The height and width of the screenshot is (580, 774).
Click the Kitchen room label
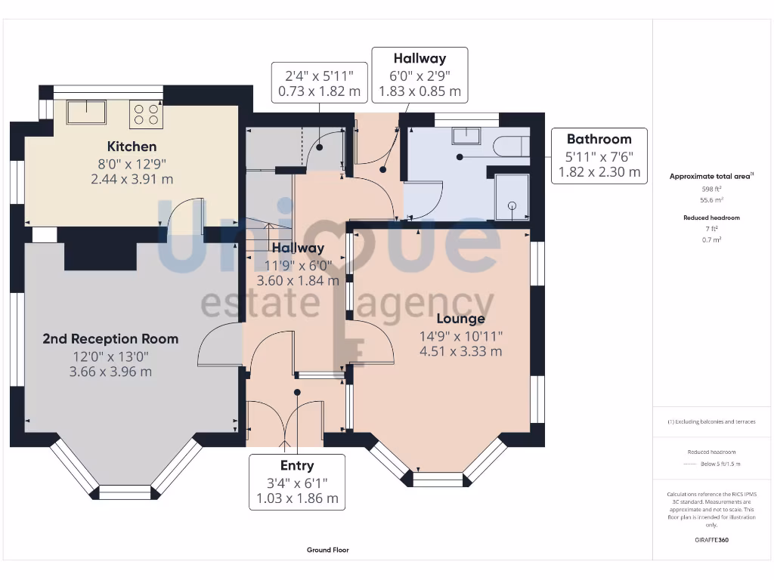click(x=132, y=147)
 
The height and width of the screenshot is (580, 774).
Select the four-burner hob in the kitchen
click(x=146, y=114)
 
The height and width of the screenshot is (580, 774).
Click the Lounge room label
click(x=460, y=319)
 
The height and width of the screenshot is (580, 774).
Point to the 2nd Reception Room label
click(x=110, y=339)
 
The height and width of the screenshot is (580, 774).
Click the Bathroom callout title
click(x=599, y=139)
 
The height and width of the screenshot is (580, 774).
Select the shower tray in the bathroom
click(x=512, y=196)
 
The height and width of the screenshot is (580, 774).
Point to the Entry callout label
click(x=297, y=465)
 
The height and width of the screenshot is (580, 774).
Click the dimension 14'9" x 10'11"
click(x=461, y=335)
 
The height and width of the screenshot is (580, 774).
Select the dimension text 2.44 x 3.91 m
click(x=132, y=179)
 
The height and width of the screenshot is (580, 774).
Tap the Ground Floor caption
click(x=328, y=551)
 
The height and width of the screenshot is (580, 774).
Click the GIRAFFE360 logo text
click(x=711, y=540)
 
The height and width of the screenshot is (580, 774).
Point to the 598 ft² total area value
click(x=711, y=189)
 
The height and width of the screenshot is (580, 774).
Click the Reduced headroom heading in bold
click(x=711, y=217)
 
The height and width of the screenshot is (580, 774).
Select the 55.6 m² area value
click(x=711, y=200)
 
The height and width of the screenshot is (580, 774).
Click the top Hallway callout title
click(x=420, y=58)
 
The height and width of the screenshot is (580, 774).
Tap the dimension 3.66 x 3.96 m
click(x=110, y=372)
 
